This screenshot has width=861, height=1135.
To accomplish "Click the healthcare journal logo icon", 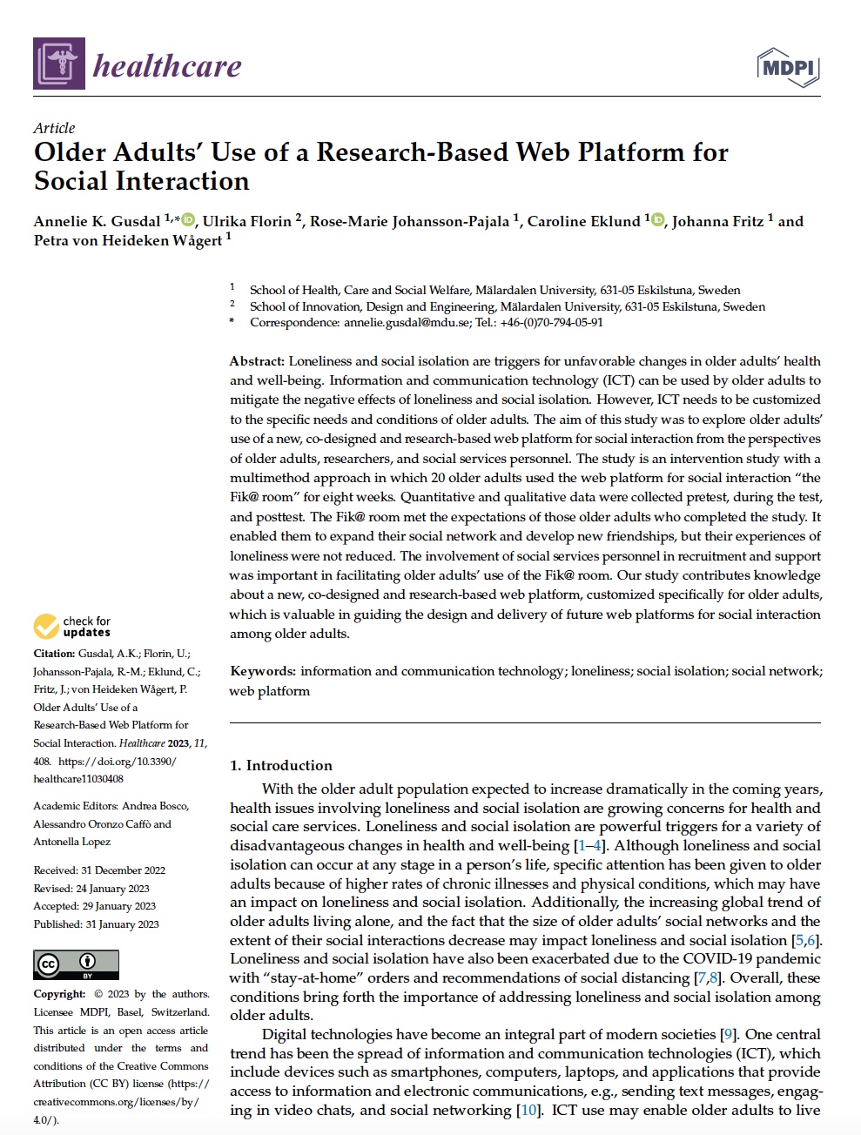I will (59, 64).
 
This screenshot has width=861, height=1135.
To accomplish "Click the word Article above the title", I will (54, 128).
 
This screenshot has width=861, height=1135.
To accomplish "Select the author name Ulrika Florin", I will (246, 221).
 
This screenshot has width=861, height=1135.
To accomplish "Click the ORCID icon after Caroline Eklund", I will (657, 220).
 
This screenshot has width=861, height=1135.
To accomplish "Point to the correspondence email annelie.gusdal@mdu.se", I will (407, 322).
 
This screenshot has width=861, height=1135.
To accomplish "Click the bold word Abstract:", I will (257, 361).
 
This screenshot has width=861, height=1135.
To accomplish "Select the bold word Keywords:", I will (262, 671).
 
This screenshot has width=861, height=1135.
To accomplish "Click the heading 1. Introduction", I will (280, 765).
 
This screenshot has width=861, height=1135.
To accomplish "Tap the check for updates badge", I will (73, 627).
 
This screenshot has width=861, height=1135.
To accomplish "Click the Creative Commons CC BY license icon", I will (76, 964).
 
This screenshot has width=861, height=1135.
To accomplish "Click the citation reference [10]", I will (528, 1110).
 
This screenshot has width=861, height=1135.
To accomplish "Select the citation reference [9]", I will (729, 1035).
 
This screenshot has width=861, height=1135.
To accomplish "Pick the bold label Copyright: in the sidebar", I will (59, 994).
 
